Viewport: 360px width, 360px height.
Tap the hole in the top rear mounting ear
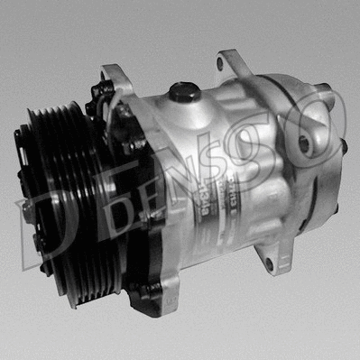point(222,65)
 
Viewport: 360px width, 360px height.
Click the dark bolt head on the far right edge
point(344,144)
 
